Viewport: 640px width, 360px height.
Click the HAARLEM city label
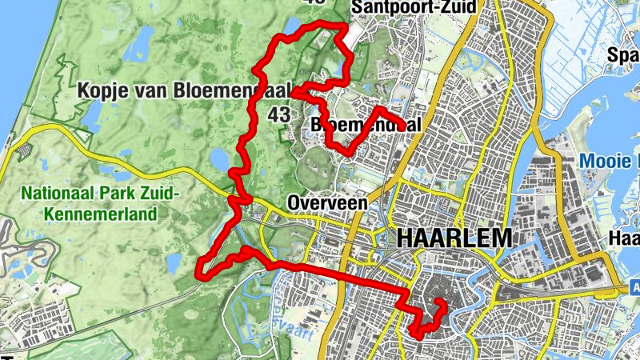pyautogui.click(x=453, y=238)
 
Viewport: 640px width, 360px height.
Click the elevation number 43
pyautogui.click(x=279, y=115)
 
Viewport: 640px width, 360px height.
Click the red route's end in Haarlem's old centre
pyautogui.click(x=440, y=302)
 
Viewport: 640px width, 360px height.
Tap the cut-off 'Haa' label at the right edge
pyautogui.click(x=624, y=238)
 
